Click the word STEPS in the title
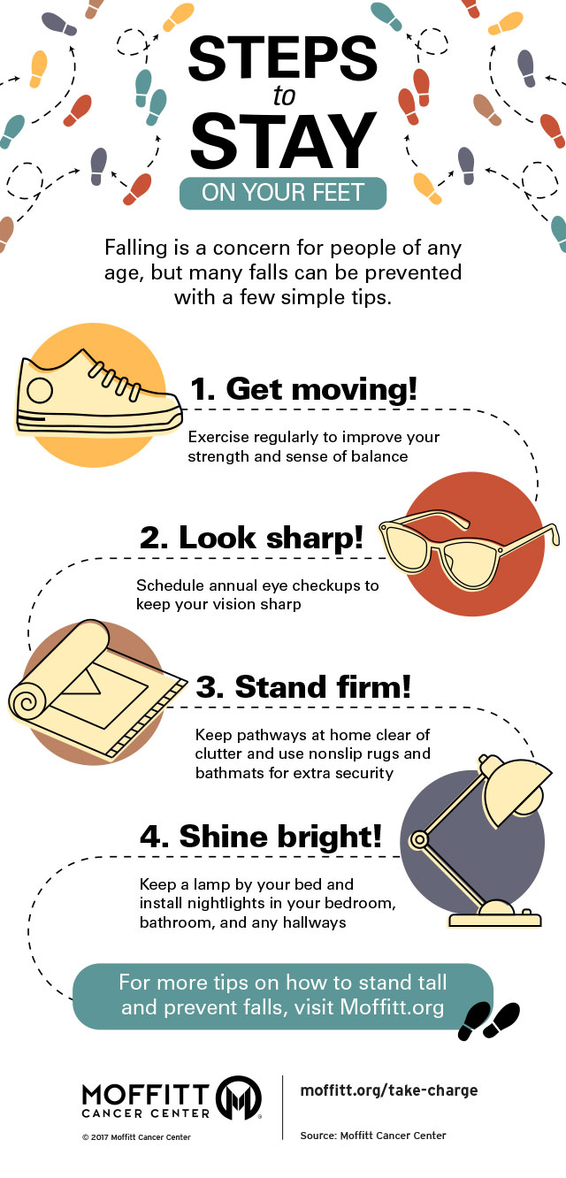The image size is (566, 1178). click(283, 58)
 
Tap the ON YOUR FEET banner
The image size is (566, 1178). click(283, 193)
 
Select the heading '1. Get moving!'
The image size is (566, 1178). click(303, 389)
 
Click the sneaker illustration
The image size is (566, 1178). click(98, 394)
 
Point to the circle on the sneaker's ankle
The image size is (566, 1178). click(40, 390)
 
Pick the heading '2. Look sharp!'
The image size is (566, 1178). click(251, 538)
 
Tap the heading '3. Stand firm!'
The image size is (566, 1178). click(303, 687)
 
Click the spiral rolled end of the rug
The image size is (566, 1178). click(27, 701)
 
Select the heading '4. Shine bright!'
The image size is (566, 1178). click(261, 836)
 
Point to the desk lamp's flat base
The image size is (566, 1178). click(495, 920)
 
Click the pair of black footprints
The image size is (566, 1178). click(489, 1021)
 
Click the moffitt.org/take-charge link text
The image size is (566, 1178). click(389, 1090)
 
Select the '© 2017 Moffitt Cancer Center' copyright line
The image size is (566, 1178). click(136, 1137)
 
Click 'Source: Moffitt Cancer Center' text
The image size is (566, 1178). click(373, 1136)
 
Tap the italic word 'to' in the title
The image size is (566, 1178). click(284, 96)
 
